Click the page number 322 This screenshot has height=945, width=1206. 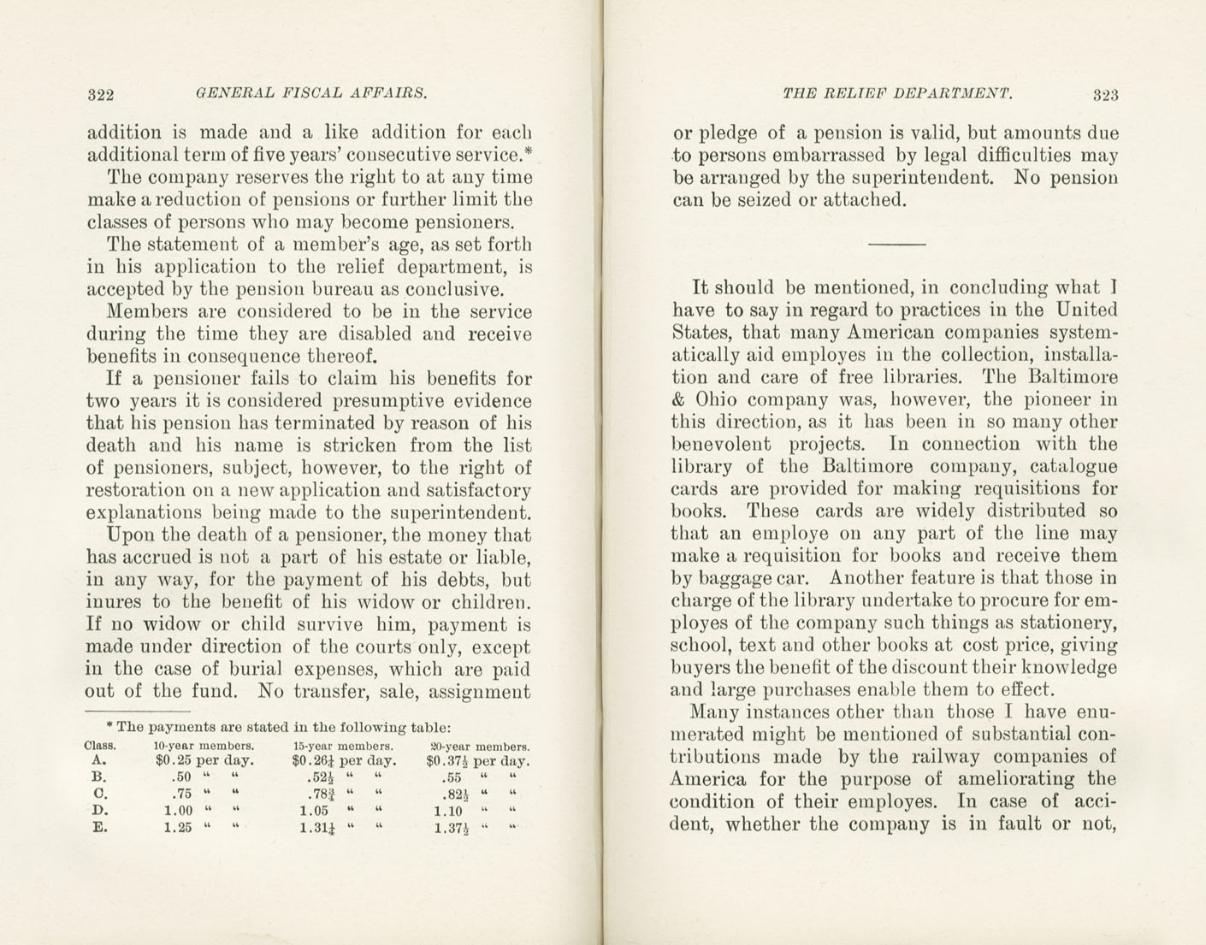[101, 94]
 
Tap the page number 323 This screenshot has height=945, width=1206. [1105, 95]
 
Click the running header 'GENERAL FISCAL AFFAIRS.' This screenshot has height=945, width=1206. [311, 93]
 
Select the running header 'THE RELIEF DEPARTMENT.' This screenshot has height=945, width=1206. [897, 93]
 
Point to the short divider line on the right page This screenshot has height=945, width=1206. [896, 245]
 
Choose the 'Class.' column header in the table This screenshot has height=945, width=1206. [100, 745]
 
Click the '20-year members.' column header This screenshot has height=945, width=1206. [479, 746]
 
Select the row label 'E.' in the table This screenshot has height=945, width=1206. [98, 828]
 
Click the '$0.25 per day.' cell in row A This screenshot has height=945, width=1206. [204, 760]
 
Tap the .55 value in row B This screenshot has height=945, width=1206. [452, 778]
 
